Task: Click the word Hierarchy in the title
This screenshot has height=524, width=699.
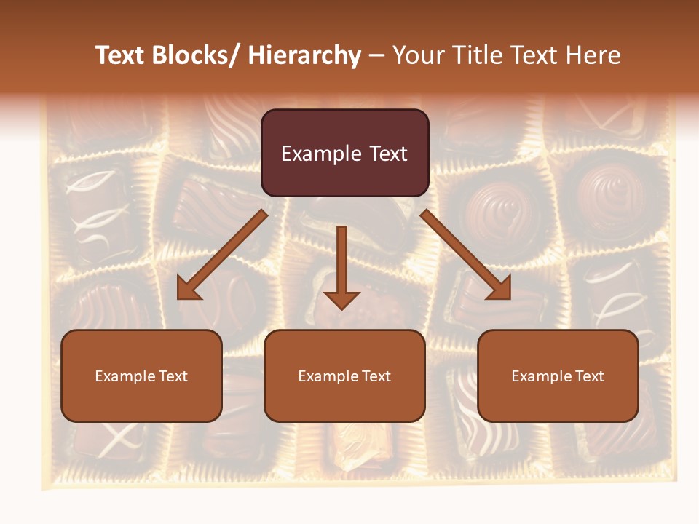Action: [x=304, y=55]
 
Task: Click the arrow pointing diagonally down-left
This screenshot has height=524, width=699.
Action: [x=222, y=255]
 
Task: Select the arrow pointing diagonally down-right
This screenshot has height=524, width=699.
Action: [x=466, y=255]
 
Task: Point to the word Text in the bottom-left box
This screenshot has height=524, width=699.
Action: [x=174, y=376]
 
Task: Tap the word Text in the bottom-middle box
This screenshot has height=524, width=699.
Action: [x=377, y=376]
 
